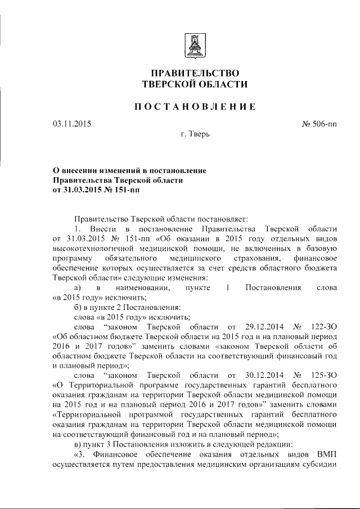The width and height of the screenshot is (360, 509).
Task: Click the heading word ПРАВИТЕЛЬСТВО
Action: [x=196, y=73]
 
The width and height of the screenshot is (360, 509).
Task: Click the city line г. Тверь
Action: [x=195, y=134]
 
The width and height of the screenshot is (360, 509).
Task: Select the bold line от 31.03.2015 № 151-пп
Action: [x=95, y=190]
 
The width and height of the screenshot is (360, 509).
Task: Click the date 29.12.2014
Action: [x=267, y=327]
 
